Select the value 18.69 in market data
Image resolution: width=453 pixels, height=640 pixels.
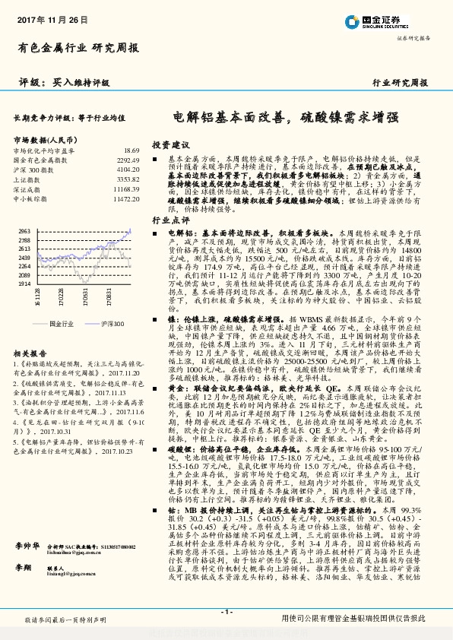[131, 151]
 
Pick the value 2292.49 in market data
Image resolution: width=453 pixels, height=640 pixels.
[128, 160]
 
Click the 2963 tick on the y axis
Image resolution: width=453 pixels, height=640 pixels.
[23, 230]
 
